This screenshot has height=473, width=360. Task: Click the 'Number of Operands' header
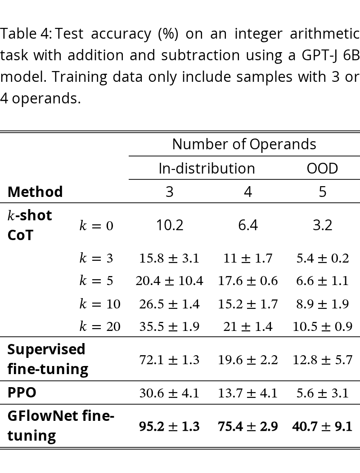244,144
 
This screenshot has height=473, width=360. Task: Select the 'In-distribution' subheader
207,168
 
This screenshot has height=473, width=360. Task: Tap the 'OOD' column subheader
322,168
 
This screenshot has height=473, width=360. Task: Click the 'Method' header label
35,192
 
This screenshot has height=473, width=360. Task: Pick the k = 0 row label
96,225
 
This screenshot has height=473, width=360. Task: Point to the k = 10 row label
100,304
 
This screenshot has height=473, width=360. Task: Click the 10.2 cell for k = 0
170,225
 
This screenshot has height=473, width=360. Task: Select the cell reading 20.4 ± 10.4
170,281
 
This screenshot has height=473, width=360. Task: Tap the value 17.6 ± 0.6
247,281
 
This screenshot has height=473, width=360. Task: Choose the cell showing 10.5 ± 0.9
323,326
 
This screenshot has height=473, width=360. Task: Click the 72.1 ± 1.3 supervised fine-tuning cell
170,360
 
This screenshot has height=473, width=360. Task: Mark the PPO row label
22,393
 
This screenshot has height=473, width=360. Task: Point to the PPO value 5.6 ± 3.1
323,393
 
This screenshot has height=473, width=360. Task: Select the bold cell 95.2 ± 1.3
170,427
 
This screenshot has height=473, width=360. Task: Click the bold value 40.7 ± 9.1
323,427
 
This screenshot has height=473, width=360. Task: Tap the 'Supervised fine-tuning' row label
48,359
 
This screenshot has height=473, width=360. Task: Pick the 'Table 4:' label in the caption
26,33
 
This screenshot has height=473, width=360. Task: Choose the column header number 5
323,192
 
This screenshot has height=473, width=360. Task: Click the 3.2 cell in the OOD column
323,225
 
